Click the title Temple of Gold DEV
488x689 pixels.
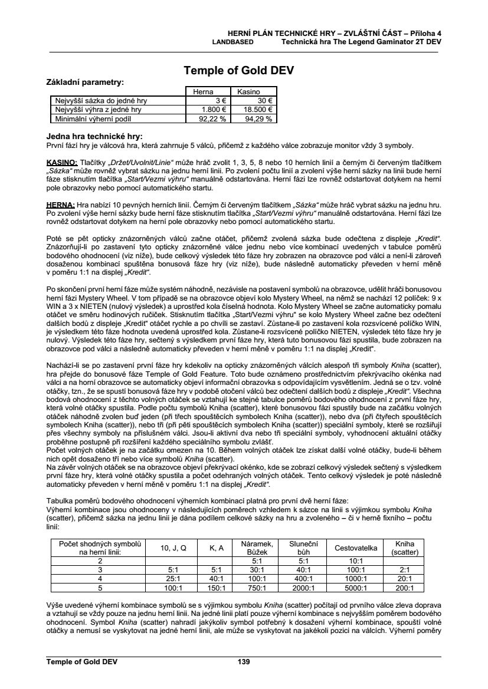[x=238, y=71]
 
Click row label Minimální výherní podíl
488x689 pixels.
[x=99, y=118]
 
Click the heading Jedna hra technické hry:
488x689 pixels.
[x=94, y=136]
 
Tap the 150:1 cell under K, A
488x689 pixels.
[x=217, y=588]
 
